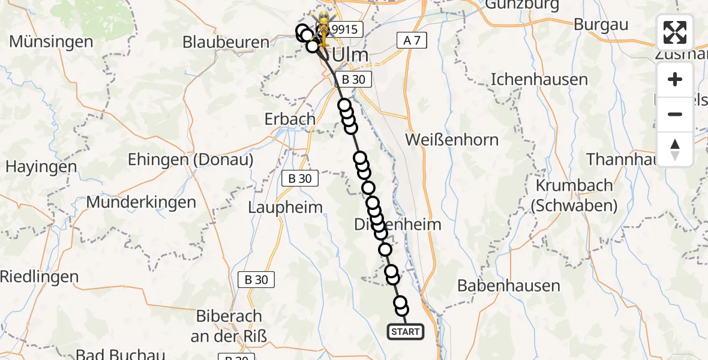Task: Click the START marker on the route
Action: pyautogui.click(x=406, y=331)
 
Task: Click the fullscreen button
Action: pyautogui.click(x=675, y=32)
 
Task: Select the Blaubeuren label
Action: pyautogui.click(x=226, y=42)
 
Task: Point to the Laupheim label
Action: pyautogui.click(x=286, y=207)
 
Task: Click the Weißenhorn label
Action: pyautogui.click(x=452, y=140)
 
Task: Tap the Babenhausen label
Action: pyautogui.click(x=500, y=286)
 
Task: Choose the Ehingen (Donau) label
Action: pyautogui.click(x=191, y=160)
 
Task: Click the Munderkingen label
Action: pyautogui.click(x=141, y=202)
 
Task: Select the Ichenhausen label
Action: pyautogui.click(x=530, y=79)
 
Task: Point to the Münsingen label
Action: pyautogui.click(x=52, y=42)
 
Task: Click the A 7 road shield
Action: pyautogui.click(x=412, y=41)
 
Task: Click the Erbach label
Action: pyautogui.click(x=290, y=119)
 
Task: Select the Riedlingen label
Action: pyautogui.click(x=40, y=277)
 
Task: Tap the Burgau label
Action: pyautogui.click(x=601, y=25)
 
